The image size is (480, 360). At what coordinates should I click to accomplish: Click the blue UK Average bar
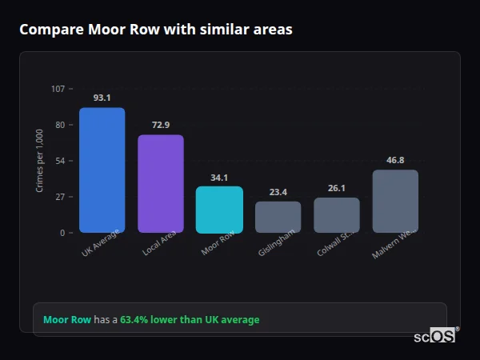click(x=102, y=170)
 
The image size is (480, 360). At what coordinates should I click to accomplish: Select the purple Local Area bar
click(x=161, y=183)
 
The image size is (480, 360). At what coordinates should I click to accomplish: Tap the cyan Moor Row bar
click(x=219, y=210)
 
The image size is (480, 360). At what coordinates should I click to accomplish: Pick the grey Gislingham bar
click(x=278, y=217)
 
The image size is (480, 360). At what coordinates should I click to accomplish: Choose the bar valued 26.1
click(x=337, y=214)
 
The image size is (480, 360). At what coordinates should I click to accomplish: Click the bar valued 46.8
click(x=395, y=201)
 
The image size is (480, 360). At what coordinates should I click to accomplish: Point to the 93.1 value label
click(x=102, y=98)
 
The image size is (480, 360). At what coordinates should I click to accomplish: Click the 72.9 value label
click(x=161, y=125)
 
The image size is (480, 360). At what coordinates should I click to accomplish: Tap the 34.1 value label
click(x=219, y=178)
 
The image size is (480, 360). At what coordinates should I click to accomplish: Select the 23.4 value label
click(x=278, y=192)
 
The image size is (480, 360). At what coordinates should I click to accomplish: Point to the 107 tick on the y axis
click(x=58, y=88)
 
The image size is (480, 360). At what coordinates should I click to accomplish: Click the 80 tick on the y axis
click(x=60, y=125)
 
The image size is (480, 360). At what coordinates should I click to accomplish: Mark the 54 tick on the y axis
click(x=60, y=161)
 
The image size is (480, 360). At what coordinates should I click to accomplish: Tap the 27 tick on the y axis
click(x=60, y=197)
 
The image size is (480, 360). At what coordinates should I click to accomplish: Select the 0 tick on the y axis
click(x=62, y=233)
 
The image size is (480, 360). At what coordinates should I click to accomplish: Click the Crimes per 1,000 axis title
click(x=40, y=161)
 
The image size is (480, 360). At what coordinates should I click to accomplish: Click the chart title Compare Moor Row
click(x=155, y=30)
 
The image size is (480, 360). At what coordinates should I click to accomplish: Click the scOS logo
click(x=434, y=336)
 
